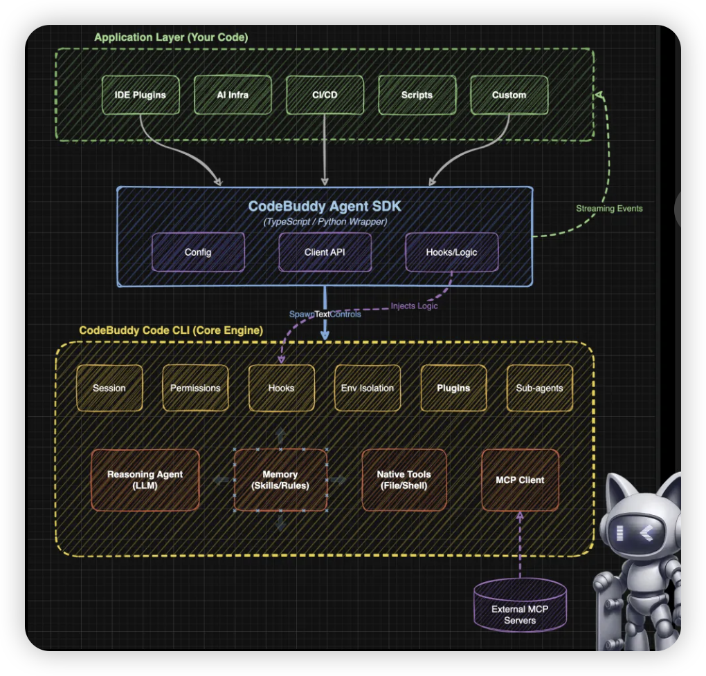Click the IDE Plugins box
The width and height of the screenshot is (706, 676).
click(140, 95)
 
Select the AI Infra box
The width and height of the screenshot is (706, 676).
click(232, 95)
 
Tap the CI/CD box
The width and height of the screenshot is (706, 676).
click(325, 95)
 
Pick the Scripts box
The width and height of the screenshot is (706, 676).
click(417, 95)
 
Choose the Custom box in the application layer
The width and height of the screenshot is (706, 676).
click(509, 95)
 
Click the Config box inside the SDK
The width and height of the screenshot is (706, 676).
click(198, 252)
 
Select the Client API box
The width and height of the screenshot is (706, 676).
click(325, 252)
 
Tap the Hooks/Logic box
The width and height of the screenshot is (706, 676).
click(451, 252)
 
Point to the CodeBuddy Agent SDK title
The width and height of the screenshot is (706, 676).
click(325, 206)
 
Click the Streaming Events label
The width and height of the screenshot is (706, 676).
click(609, 208)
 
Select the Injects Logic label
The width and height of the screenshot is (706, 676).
click(414, 306)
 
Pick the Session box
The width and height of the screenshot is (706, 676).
click(109, 388)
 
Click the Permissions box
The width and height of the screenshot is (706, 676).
click(195, 388)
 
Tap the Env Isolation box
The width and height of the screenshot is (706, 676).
click(367, 388)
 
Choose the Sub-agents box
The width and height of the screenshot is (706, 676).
click(539, 388)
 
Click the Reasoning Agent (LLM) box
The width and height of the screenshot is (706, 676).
click(145, 480)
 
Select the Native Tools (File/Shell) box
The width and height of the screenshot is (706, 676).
click(404, 480)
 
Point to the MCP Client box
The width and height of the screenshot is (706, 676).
click(520, 480)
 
